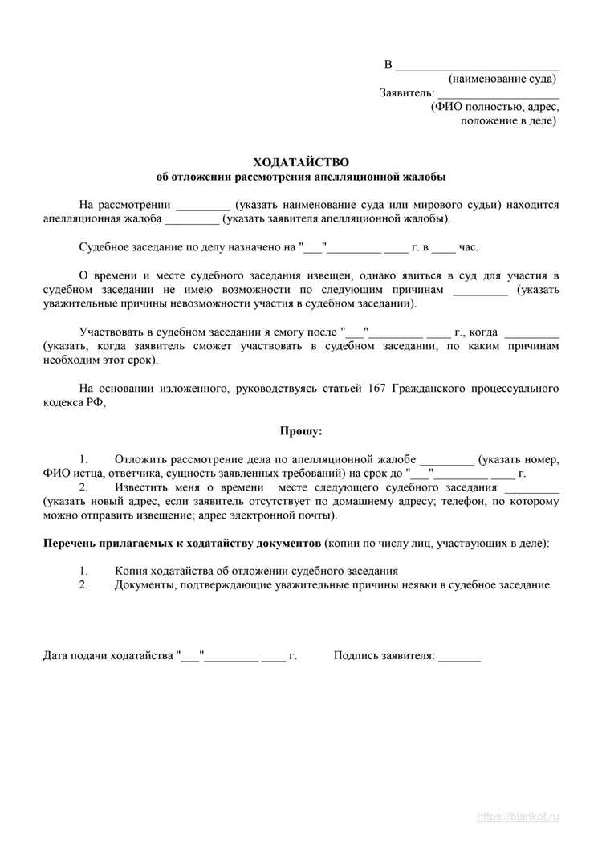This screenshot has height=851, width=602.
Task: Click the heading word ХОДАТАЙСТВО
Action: click(301, 162)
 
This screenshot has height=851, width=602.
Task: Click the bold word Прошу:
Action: click(301, 431)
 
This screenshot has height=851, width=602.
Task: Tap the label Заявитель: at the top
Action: click(407, 93)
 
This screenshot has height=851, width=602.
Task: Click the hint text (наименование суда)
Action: click(502, 79)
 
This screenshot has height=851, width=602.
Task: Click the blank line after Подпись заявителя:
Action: click(460, 656)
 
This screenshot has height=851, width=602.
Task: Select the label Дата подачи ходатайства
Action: click(109, 656)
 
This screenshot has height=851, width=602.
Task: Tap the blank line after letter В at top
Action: click(478, 65)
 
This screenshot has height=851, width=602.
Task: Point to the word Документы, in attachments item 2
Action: click(146, 585)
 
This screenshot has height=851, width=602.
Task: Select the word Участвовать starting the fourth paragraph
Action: click(115, 332)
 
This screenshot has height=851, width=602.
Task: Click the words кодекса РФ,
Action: click(74, 403)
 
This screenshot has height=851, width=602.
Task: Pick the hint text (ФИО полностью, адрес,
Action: click(495, 107)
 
